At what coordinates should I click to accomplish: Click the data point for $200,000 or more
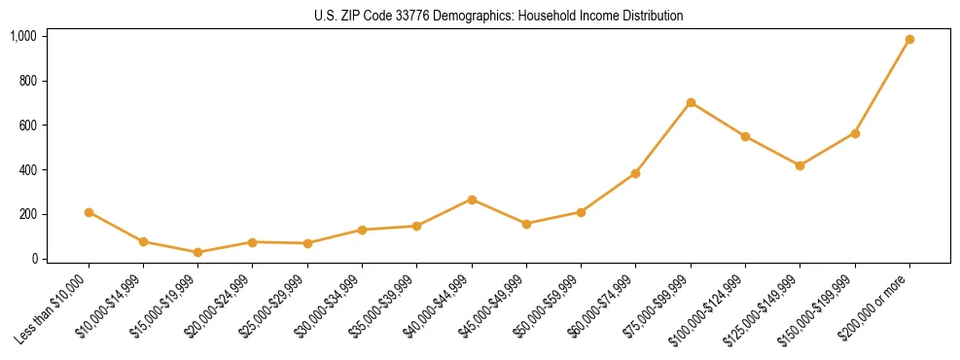point(909,40)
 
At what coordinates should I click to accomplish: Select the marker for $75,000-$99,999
point(691,102)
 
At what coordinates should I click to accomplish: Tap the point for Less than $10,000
point(89,212)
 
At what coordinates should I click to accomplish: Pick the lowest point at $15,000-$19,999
point(198,252)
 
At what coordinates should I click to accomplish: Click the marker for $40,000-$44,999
point(472,199)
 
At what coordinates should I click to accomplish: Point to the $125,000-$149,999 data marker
point(800,165)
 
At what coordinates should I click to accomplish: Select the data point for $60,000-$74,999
point(635,173)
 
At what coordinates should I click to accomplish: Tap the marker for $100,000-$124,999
point(745,136)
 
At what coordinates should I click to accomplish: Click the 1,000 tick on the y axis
point(23,36)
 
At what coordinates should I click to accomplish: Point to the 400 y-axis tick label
point(27,170)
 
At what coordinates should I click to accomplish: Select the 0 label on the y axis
point(33,259)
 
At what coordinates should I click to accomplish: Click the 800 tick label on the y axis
point(27,81)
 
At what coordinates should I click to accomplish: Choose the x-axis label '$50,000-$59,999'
point(551,306)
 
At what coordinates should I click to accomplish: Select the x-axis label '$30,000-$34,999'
point(332,306)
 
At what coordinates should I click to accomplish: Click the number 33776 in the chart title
point(407,17)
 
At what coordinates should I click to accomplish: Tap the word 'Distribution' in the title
point(653,17)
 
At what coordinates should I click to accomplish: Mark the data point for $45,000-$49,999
point(526,224)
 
